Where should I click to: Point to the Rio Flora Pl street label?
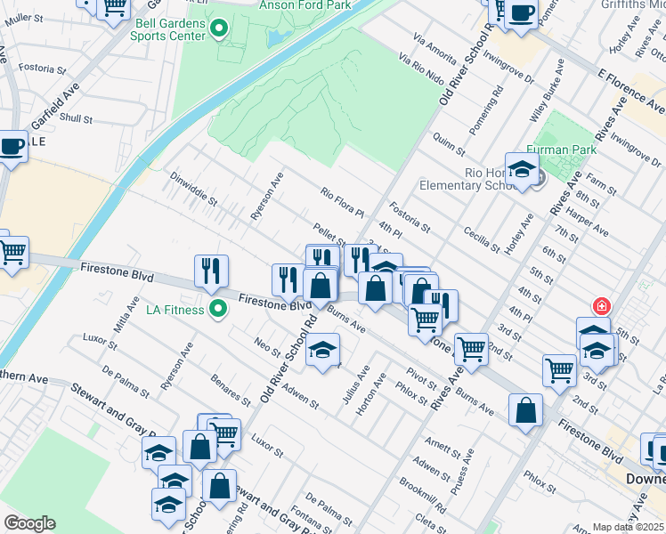click(343, 203)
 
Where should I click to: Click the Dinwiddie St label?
click(193, 189)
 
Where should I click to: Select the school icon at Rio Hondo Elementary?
click(522, 169)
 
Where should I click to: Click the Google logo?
click(29, 523)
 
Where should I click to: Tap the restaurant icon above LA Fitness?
click(211, 271)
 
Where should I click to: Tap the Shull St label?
click(77, 117)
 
